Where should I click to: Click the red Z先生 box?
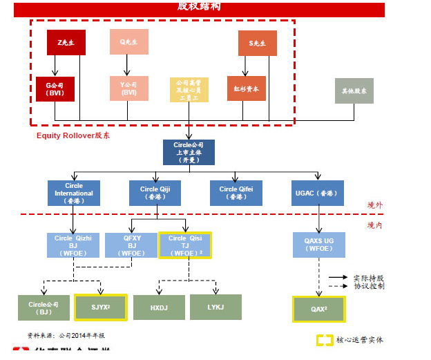(x=66, y=42)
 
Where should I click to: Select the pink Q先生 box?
(x=128, y=41)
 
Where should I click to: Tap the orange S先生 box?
(x=257, y=43)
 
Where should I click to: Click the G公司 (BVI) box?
(x=55, y=89)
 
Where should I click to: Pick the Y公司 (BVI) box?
(x=128, y=88)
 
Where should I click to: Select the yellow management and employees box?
(x=189, y=90)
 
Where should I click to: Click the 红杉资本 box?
(x=246, y=88)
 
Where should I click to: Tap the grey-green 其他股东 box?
(x=354, y=91)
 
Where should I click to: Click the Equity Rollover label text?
(x=73, y=135)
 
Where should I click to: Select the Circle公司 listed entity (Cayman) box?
(x=189, y=152)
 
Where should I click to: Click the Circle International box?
(x=73, y=193)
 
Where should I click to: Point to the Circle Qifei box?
(x=236, y=193)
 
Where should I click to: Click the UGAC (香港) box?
(x=316, y=193)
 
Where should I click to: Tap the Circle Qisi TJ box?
(x=185, y=245)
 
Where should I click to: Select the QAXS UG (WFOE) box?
(x=319, y=245)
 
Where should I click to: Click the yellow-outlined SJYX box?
(x=100, y=307)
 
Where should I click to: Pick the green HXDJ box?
(x=158, y=307)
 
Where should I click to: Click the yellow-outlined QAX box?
(x=318, y=310)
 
